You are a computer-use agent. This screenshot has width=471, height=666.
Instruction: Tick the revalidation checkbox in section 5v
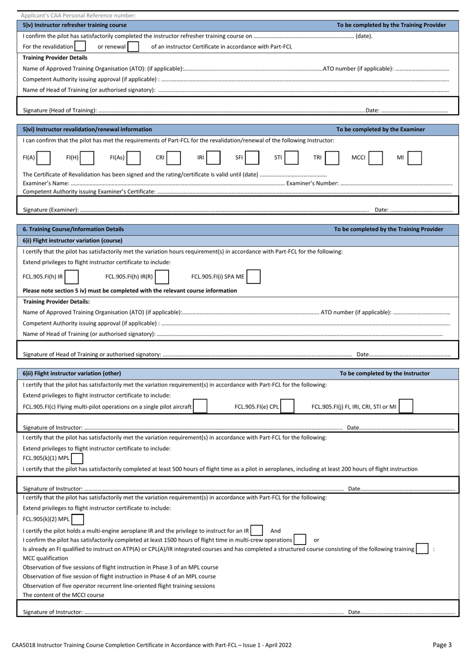pos(80,47)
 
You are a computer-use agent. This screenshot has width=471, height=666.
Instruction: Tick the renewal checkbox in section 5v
pos(133,47)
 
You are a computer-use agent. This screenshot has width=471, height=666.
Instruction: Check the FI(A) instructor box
pos(44,158)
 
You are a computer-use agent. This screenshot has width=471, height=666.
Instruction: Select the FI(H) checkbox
pos(87,158)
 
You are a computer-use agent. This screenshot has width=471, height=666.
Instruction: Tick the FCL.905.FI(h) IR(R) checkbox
pos(162,277)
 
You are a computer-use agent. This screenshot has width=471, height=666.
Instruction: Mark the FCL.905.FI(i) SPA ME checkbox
pos(253,277)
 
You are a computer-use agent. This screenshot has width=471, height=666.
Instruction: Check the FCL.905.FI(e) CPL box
pos(288,407)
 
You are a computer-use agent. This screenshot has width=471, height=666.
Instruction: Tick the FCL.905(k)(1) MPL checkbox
pos(77,458)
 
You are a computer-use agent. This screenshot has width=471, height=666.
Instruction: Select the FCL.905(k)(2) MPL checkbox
pos(77,519)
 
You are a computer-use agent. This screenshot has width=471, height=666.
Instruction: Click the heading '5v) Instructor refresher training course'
pos(75,25)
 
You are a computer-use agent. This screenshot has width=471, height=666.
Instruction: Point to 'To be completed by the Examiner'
pos(380,129)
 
